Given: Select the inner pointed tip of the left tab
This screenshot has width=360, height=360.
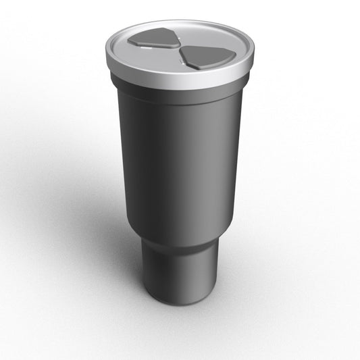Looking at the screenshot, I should pyautogui.click(x=177, y=45).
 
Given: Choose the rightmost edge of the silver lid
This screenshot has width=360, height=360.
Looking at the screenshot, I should pyautogui.click(x=253, y=54).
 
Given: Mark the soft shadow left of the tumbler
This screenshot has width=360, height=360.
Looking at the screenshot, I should pyautogui.click(x=101, y=223).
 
